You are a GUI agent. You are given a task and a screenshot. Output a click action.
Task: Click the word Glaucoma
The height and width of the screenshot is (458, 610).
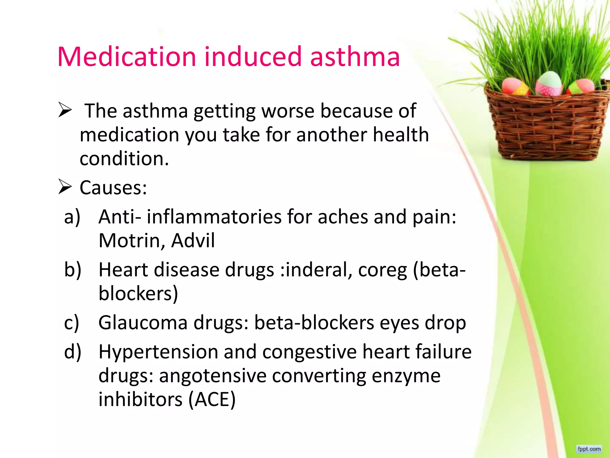(143, 323)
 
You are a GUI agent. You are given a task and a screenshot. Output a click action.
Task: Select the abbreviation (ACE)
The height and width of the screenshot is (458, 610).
(212, 400)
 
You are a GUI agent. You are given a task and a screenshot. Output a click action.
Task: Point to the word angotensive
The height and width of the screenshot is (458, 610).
(213, 376)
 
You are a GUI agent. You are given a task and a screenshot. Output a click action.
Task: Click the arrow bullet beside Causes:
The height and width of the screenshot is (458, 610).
(65, 187)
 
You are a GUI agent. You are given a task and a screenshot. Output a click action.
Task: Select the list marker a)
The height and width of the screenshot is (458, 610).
(72, 217)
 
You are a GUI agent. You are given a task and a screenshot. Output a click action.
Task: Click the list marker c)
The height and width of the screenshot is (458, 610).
(71, 323)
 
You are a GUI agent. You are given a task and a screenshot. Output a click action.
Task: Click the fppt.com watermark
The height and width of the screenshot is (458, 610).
(589, 449)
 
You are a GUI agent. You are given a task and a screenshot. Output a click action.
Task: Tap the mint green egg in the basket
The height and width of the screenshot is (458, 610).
(550, 83)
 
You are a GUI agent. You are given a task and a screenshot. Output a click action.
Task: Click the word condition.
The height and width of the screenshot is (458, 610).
(124, 158)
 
